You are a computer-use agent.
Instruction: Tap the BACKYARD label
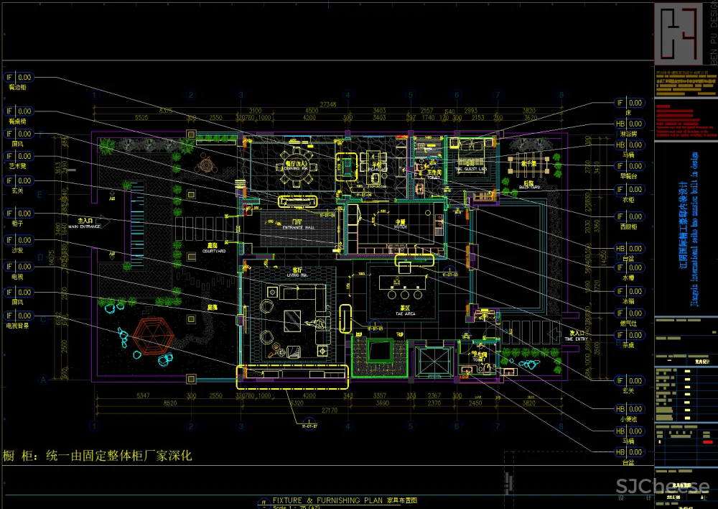point(530,187)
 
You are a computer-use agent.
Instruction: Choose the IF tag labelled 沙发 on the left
point(19,239)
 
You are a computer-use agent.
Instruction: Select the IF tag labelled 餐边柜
point(19,77)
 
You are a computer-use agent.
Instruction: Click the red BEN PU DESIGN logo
point(679,33)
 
